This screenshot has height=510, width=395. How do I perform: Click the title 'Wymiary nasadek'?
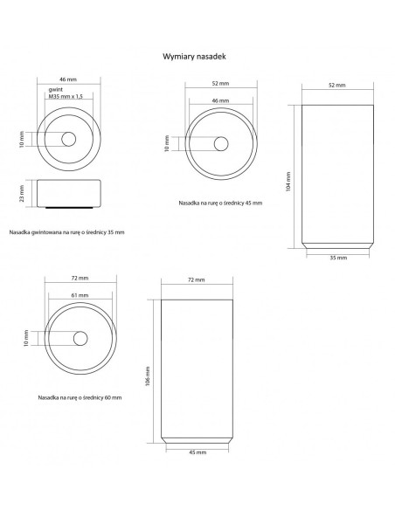point(194,57)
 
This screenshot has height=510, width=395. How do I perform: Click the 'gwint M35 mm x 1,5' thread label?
point(66,93)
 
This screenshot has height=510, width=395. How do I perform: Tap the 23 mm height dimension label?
point(22,194)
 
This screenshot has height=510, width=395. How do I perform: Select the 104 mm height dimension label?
point(288,182)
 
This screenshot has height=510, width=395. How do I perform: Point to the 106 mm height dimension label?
point(148,376)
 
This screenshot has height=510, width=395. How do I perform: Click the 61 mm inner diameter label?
point(80,295)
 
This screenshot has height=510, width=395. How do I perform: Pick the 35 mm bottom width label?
point(338,258)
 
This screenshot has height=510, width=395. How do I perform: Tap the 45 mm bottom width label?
point(197,452)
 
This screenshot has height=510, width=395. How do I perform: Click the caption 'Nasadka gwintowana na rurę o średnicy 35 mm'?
point(66,232)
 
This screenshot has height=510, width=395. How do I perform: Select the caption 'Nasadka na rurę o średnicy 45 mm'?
point(220,203)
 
